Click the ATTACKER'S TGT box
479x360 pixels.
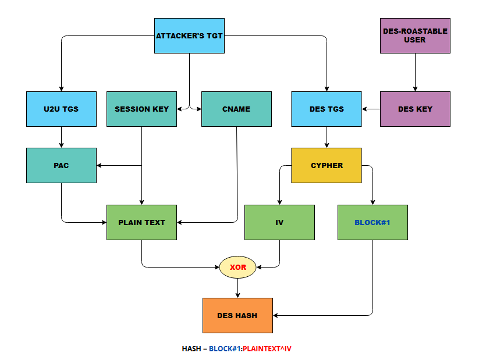(189, 35)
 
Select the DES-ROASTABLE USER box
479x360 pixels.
(415, 35)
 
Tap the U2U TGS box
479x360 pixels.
(61, 109)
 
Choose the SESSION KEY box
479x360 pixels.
(141, 109)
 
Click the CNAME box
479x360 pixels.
(236, 109)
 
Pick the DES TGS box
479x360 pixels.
(327, 109)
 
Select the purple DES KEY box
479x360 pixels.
(415, 109)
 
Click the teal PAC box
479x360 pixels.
(61, 165)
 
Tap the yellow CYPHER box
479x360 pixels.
(327, 165)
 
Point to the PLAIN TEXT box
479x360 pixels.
(141, 222)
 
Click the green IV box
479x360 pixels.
(279, 222)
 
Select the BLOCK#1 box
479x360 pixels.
(372, 222)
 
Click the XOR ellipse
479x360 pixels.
(237, 267)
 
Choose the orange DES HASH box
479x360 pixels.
(237, 315)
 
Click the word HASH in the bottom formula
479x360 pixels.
(191, 349)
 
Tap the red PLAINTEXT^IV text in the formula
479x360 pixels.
(267, 349)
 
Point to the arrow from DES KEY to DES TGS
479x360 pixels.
(371, 109)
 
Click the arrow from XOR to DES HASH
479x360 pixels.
(237, 288)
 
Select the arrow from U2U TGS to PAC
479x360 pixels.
(61, 137)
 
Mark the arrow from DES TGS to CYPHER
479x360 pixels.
(327, 137)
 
